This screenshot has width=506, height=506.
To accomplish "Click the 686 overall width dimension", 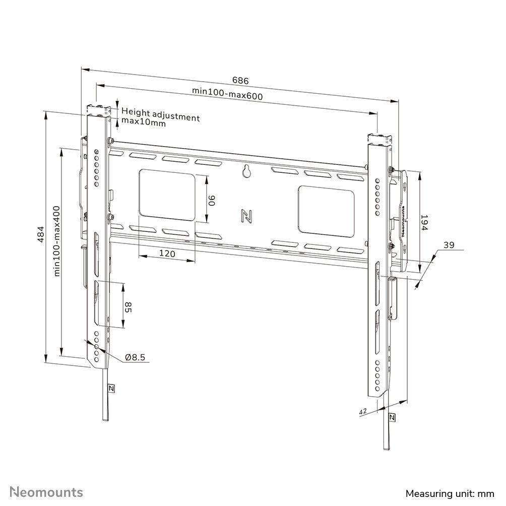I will (x=240, y=80).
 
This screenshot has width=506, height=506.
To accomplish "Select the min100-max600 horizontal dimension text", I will (x=227, y=93).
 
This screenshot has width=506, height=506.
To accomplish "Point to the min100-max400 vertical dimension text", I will (x=57, y=240).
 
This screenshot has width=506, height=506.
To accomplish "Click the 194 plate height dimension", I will (x=424, y=223).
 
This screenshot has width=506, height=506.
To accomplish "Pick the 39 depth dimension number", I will (x=449, y=245).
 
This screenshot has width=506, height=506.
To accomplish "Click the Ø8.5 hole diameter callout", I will (x=135, y=357).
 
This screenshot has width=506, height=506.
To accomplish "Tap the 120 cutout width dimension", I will (x=167, y=254).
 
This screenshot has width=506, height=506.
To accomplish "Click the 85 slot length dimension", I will (x=128, y=307).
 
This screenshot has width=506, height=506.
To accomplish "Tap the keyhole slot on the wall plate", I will (x=246, y=171).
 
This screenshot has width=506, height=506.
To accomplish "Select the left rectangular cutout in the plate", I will (x=166, y=195).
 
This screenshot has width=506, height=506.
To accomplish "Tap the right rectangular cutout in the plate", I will (x=326, y=210).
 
